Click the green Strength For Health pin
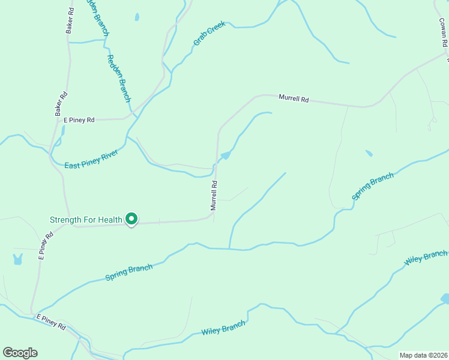tap(131, 220)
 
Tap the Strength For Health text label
tap(86, 220)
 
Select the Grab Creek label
tap(209, 35)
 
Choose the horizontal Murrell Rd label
tap(293, 98)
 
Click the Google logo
tap(20, 353)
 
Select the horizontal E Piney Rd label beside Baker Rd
tap(79, 120)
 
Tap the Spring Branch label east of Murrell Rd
tap(372, 186)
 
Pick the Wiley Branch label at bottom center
tap(223, 328)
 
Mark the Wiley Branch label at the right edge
tap(426, 259)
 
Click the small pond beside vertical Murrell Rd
tap(226, 156)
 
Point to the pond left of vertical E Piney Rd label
tap(17, 260)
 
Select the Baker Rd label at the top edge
tap(71, 19)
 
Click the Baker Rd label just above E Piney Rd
tap(61, 104)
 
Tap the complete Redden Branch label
tap(118, 77)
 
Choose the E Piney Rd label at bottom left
tap(51, 321)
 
